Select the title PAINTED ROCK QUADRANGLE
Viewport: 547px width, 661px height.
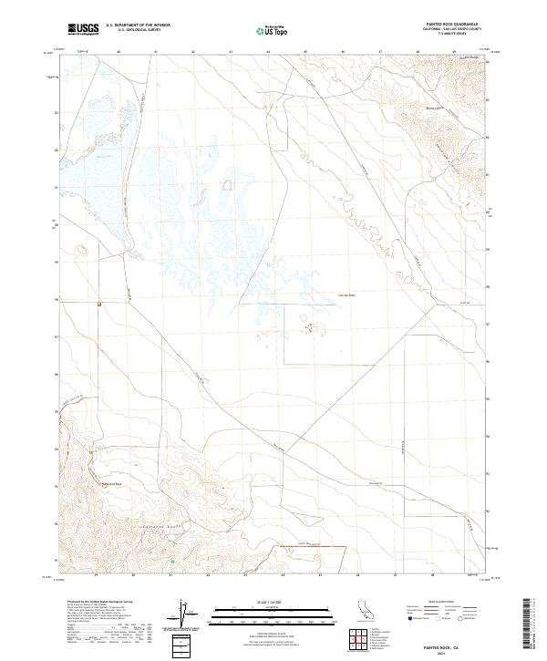pos(450,25)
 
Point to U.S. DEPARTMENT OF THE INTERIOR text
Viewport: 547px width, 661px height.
pos(137,26)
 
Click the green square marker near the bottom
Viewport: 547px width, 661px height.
pos(173,562)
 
